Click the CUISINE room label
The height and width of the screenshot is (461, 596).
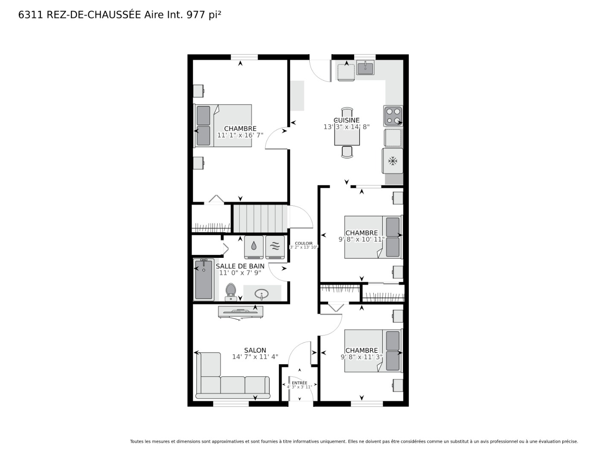(346, 120)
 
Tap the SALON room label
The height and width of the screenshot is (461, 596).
(255, 350)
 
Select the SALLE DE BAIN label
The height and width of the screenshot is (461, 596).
(240, 266)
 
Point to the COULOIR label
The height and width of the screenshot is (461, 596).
(304, 243)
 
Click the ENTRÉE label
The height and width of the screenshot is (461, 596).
(299, 383)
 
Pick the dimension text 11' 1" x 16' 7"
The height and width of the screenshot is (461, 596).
(240, 135)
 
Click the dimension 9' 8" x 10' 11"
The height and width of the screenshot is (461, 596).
(361, 239)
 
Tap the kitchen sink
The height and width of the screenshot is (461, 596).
(366, 68)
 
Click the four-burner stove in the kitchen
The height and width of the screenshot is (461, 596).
(393, 116)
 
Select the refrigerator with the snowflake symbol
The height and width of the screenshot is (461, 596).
(392, 161)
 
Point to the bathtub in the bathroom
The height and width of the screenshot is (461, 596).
(204, 279)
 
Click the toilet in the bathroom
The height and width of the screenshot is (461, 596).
(231, 292)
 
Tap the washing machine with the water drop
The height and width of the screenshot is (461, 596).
(254, 247)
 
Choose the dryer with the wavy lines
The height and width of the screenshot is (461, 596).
(275, 247)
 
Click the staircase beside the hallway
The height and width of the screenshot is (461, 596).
(259, 219)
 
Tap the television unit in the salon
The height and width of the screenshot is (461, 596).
(241, 313)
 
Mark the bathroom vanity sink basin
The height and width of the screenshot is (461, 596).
(262, 294)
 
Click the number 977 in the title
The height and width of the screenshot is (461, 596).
(196, 15)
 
